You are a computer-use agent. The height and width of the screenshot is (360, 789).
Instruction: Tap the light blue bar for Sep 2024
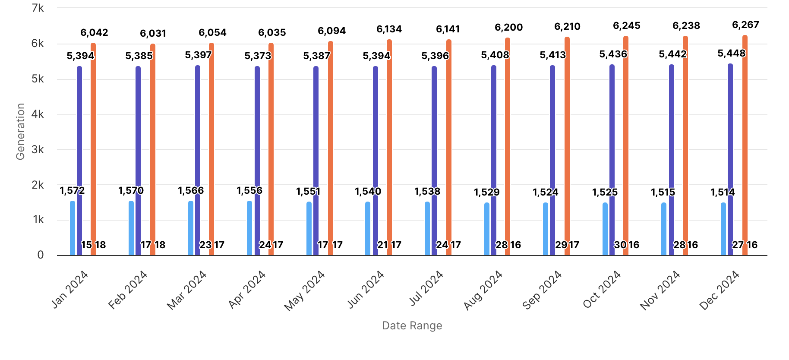coord(546,229)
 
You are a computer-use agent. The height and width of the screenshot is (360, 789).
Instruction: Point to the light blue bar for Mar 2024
coord(191,228)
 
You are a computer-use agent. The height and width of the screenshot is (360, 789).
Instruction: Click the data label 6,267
coord(745,25)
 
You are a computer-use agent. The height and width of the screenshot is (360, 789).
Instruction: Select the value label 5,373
coord(258,56)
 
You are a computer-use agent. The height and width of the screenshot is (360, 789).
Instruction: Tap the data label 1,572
coord(72,190)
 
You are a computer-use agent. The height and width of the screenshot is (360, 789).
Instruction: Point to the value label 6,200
coord(508,28)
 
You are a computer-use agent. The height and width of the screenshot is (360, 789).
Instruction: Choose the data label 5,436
coord(613,54)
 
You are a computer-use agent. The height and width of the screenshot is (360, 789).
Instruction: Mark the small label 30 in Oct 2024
coord(620,245)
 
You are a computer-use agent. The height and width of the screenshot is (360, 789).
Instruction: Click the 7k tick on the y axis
coord(38,8)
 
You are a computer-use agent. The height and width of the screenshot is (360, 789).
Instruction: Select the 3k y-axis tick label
coord(38,149)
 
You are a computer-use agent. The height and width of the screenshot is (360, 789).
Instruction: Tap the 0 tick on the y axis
coord(41,255)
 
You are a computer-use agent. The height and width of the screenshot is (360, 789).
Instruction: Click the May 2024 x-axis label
coord(305,290)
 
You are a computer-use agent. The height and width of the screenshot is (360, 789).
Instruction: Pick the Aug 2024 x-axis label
coord(483,290)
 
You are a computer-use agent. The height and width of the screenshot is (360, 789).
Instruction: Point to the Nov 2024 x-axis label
coord(660,290)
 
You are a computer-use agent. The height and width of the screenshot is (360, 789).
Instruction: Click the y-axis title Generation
coord(20,131)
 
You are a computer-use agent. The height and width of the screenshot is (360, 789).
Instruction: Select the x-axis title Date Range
coord(412,325)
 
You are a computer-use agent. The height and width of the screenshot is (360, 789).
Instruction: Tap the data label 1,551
coord(308,191)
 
